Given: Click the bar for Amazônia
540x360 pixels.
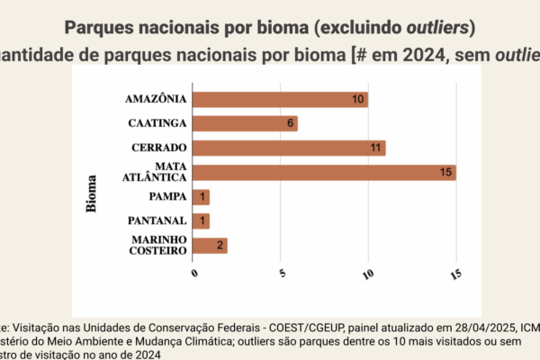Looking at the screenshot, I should [x=280, y=99].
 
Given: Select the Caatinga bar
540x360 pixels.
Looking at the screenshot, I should [x=245, y=123].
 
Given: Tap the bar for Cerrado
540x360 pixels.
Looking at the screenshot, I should [x=289, y=148].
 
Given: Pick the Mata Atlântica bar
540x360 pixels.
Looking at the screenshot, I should [x=324, y=172].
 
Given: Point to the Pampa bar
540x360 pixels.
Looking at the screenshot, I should [x=201, y=196].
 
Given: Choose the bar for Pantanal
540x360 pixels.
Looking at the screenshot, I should [x=201, y=220].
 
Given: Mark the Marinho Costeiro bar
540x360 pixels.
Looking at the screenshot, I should [x=210, y=245].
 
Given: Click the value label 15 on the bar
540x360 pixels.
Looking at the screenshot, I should [x=445, y=172].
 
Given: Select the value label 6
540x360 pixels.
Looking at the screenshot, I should [x=290, y=123].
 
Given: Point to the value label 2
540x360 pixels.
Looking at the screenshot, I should [x=219, y=245].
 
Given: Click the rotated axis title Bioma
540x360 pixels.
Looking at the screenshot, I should [x=92, y=194].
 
